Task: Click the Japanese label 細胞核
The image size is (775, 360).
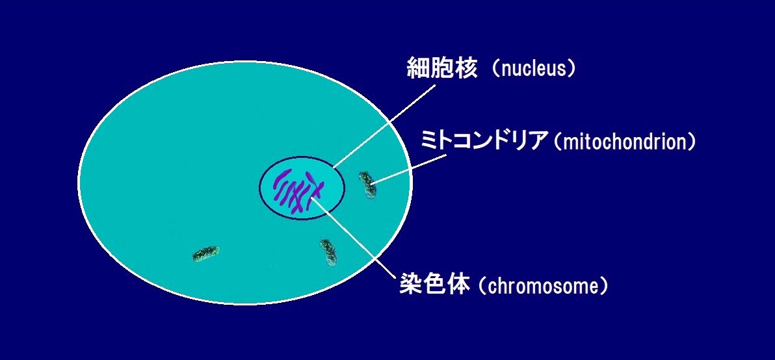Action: (442, 69)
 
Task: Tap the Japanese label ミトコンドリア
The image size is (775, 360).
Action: (485, 142)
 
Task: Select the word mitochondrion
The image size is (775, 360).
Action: (625, 143)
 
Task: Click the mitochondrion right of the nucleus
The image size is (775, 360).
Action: (367, 185)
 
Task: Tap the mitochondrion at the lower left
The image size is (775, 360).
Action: (205, 254)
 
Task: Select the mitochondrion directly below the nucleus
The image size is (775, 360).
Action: (328, 252)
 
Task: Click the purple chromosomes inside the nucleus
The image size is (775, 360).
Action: (298, 191)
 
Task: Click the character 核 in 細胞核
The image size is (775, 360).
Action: (467, 69)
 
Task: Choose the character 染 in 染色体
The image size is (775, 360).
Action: (411, 285)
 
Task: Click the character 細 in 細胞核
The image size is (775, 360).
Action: (419, 69)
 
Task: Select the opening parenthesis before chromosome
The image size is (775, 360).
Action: (483, 287)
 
